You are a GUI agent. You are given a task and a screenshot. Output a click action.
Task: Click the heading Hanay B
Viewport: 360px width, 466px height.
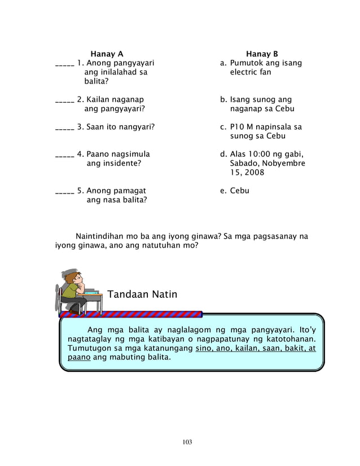coord(262,54)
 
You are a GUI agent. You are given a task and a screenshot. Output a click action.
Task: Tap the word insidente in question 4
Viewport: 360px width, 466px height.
coord(120,163)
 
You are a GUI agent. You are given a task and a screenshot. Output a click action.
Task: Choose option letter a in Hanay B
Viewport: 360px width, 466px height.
coord(223,64)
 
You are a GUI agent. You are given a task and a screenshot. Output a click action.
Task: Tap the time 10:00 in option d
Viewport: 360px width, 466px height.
coord(259,154)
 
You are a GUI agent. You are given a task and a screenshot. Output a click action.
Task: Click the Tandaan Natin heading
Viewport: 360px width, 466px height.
coord(142,294)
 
